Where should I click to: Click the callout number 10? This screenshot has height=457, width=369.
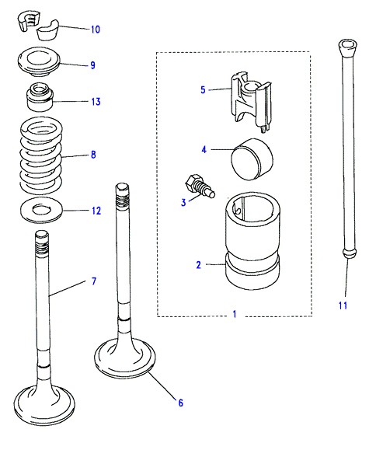pyautogui.click(x=96, y=30)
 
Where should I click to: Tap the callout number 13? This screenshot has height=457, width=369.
pyautogui.click(x=96, y=101)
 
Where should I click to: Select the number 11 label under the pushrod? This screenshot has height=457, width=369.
pyautogui.click(x=343, y=305)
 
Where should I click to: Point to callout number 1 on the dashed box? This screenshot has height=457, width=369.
pyautogui.click(x=235, y=314)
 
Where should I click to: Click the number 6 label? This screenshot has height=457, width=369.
pyautogui.click(x=180, y=403)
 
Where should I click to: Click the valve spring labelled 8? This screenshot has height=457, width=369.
pyautogui.click(x=41, y=154)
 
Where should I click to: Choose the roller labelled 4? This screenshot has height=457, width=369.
pyautogui.click(x=252, y=159)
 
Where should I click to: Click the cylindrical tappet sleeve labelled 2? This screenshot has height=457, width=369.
pyautogui.click(x=252, y=241)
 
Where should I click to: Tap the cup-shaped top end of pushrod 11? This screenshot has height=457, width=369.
pyautogui.click(x=347, y=47)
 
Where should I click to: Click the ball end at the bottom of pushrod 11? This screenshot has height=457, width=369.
pyautogui.click(x=350, y=253)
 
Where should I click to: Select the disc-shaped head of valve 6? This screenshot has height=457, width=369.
pyautogui.click(x=125, y=358)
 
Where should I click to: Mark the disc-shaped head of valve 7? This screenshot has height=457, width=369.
pyautogui.click(x=44, y=404)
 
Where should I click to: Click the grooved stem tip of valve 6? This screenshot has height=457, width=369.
pyautogui.click(x=123, y=193)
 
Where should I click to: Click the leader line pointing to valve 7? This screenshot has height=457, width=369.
pyautogui.click(x=68, y=288)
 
